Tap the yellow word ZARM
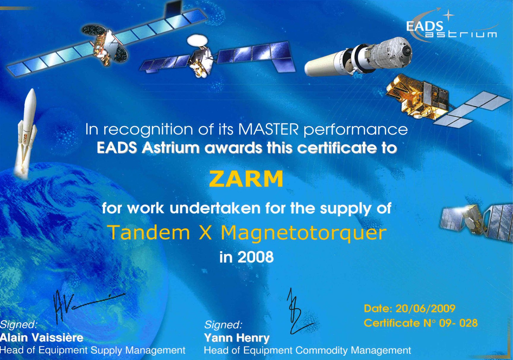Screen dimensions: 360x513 click(246, 179)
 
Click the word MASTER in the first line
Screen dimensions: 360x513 click(268, 130)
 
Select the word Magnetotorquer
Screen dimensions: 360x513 click(303, 233)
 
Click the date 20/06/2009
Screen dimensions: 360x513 click(425, 309)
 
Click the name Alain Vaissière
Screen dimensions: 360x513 click(42, 338)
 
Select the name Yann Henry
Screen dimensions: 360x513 click(237, 338)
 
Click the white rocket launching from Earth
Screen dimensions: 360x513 click(27, 131)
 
